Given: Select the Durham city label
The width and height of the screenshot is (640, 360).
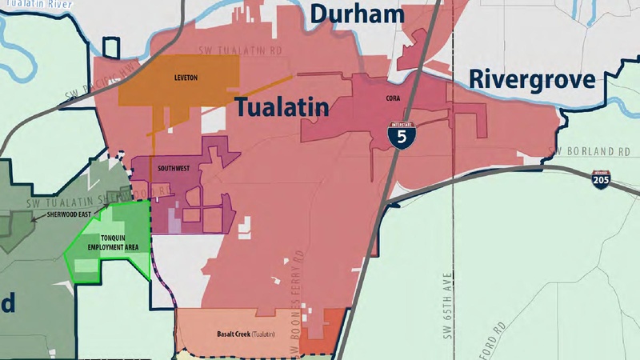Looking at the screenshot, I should tap(358, 14).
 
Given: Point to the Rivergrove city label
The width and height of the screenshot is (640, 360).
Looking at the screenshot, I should tap(531, 79).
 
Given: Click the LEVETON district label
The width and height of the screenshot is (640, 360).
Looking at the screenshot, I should tap(185, 78).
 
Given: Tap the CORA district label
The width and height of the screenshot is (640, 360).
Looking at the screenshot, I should tap(391, 98).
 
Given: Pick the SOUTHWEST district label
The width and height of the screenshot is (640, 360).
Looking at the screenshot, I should tap(174, 169).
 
